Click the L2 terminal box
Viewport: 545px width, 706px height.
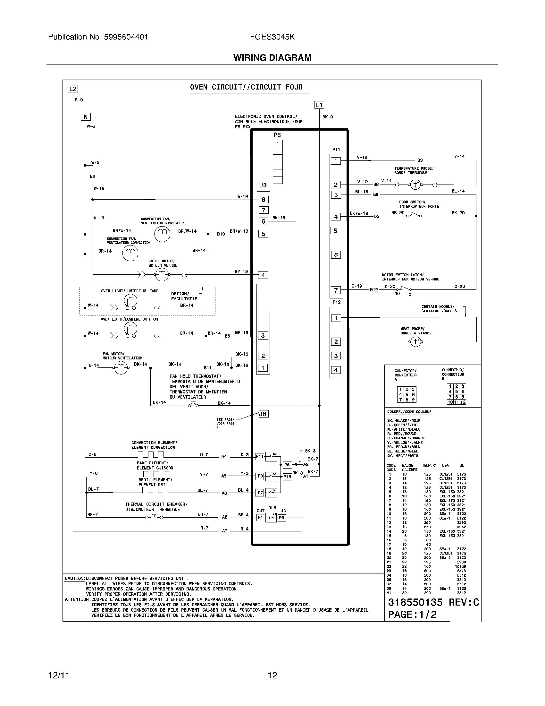73,89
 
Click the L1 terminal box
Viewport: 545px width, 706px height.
319,105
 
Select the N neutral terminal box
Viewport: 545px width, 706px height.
86,117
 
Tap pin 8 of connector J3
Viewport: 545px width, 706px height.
263,200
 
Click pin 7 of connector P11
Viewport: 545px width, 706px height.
336,290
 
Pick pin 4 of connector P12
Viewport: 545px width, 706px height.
336,370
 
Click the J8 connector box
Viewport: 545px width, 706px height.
263,414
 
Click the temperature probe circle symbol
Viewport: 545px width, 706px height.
415,185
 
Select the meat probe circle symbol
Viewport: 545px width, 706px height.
415,341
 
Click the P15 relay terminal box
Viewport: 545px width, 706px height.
287,477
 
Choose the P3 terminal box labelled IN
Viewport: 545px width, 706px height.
281,518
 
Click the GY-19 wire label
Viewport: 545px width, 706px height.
241,271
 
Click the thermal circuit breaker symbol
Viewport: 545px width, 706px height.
154,517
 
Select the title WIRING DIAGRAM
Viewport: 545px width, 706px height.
272,57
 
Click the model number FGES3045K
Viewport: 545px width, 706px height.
272,37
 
